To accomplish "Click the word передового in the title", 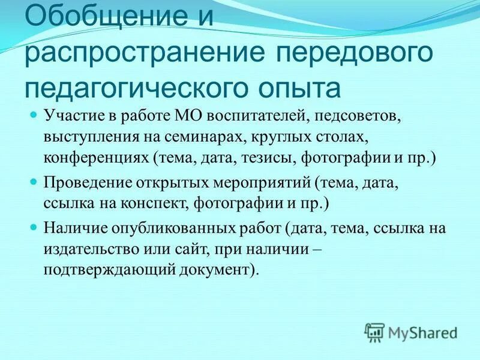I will click(355, 53).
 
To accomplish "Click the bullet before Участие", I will click(34, 113).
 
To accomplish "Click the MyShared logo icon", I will click(374, 332).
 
